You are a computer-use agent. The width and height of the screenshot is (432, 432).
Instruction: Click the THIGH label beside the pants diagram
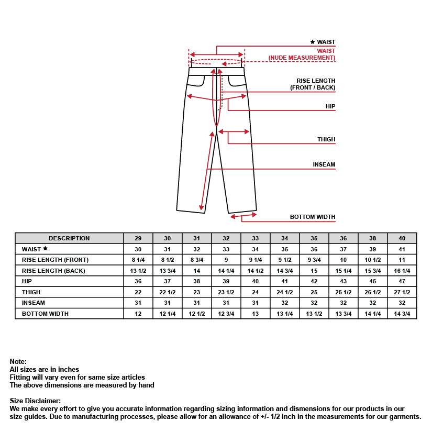pos(326,140)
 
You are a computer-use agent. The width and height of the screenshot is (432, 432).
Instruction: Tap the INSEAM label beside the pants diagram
pos(324,165)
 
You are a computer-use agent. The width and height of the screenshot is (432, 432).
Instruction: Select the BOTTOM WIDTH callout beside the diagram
pos(313,217)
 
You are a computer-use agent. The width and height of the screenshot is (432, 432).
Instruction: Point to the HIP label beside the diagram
pos(330,106)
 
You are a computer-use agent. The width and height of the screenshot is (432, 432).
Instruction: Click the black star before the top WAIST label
pos(313,42)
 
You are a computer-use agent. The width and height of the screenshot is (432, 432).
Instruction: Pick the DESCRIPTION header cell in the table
pos(69,238)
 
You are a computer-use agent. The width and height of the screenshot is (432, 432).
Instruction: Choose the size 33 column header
pos(255,238)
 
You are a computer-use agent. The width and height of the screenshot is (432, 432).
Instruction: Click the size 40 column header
pos(402,238)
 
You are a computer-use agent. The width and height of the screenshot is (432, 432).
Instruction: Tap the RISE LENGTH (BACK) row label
pos(53,271)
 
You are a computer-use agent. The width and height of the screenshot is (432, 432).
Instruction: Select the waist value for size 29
pos(138,249)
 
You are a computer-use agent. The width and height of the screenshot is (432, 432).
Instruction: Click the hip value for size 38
pos(373,282)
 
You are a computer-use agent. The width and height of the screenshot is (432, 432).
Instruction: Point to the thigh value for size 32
pos(226,292)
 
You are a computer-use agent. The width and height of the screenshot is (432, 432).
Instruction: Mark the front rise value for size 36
pos(343,260)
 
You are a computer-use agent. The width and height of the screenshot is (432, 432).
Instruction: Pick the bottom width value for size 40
pos(402,314)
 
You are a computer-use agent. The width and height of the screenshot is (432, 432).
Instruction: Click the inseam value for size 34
pos(284,303)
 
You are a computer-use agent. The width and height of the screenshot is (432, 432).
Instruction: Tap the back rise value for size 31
pos(197,271)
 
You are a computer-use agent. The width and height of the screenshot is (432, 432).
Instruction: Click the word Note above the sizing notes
pos(18,362)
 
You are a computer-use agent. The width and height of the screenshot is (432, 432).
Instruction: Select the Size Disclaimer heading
pos(35,401)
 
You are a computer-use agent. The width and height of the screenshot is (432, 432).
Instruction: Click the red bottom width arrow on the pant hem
pos(243,215)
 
